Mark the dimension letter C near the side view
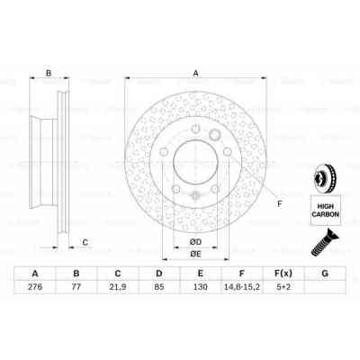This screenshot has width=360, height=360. (x=84, y=242)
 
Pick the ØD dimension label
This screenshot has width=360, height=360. (x=196, y=241)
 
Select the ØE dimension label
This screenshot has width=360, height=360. (x=196, y=255)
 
